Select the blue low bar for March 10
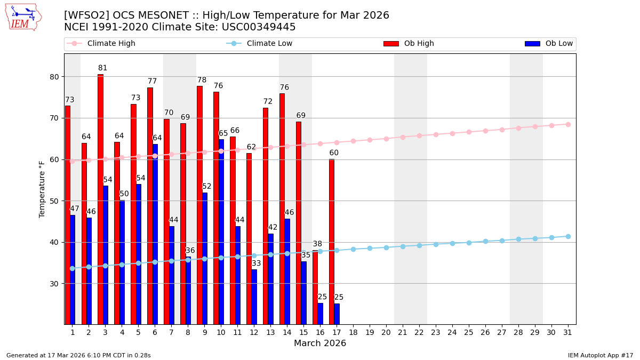pyautogui.click(x=221, y=231)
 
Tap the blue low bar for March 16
pyautogui.click(x=321, y=314)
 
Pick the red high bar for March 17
pyautogui.click(x=332, y=242)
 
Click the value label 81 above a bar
pyautogui.click(x=102, y=68)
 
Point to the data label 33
pyautogui.click(x=257, y=263)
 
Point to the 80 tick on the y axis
pyautogui.click(x=55, y=77)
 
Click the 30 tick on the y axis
pyautogui.click(x=55, y=284)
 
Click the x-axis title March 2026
pyautogui.click(x=320, y=343)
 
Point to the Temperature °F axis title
pyautogui.click(x=43, y=189)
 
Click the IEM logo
pyautogui.click(x=23, y=18)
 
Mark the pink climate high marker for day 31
pyautogui.click(x=568, y=124)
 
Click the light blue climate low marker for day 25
pyautogui.click(x=469, y=243)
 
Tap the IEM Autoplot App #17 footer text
pyautogui.click(x=601, y=355)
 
